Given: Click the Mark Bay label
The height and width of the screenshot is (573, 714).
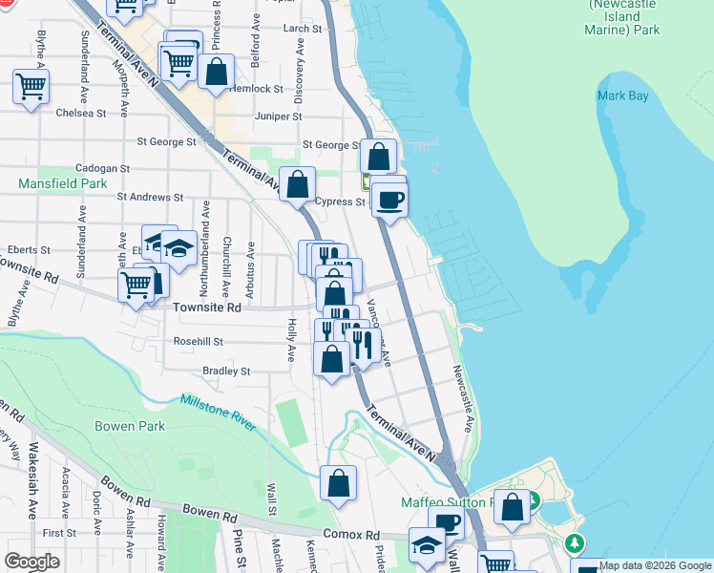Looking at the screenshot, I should coord(622,95).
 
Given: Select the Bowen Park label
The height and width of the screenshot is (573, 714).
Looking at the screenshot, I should coord(129,426).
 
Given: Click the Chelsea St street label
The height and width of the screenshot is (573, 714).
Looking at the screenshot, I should coord(81,113).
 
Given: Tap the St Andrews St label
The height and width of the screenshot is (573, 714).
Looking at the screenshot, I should coord(149,197).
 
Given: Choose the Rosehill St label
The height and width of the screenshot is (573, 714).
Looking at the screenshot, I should coord(199,341).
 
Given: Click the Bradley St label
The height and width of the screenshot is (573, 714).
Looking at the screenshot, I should coord(225,371).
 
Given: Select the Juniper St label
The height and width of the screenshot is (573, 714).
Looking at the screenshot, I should coord(279,117).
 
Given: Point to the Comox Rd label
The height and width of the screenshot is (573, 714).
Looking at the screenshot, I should coord(351,535).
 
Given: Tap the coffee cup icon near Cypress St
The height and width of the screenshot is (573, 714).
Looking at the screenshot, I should coord(388,201).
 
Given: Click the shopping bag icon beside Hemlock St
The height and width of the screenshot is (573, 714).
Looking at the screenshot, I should coord(217,73).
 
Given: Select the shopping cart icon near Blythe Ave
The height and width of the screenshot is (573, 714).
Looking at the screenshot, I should coord(31,88).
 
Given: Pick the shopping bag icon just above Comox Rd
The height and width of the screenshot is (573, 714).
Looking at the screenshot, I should coord(339,484).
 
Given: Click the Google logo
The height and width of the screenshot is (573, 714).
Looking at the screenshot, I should coord(32,562).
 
